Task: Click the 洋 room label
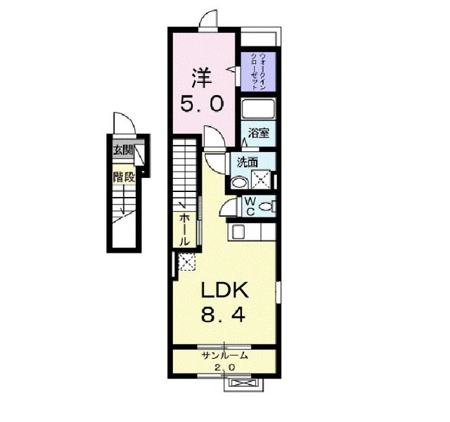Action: [202, 78]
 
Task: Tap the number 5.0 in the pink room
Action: [202, 103]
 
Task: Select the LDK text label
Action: [224, 290]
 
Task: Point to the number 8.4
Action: [224, 314]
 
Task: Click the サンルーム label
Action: [224, 356]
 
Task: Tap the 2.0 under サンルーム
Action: [225, 368]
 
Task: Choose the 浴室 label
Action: [259, 134]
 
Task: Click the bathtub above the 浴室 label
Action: [258, 109]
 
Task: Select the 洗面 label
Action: [247, 162]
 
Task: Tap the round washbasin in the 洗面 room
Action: [240, 182]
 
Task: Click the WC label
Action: [250, 206]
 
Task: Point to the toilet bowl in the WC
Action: [266, 206]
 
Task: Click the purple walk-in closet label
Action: [258, 72]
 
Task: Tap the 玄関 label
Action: [124, 150]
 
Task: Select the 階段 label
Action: [124, 177]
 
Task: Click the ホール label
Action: [184, 230]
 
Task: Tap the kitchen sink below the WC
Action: [238, 231]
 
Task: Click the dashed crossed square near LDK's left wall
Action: [186, 262]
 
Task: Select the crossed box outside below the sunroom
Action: [243, 383]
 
